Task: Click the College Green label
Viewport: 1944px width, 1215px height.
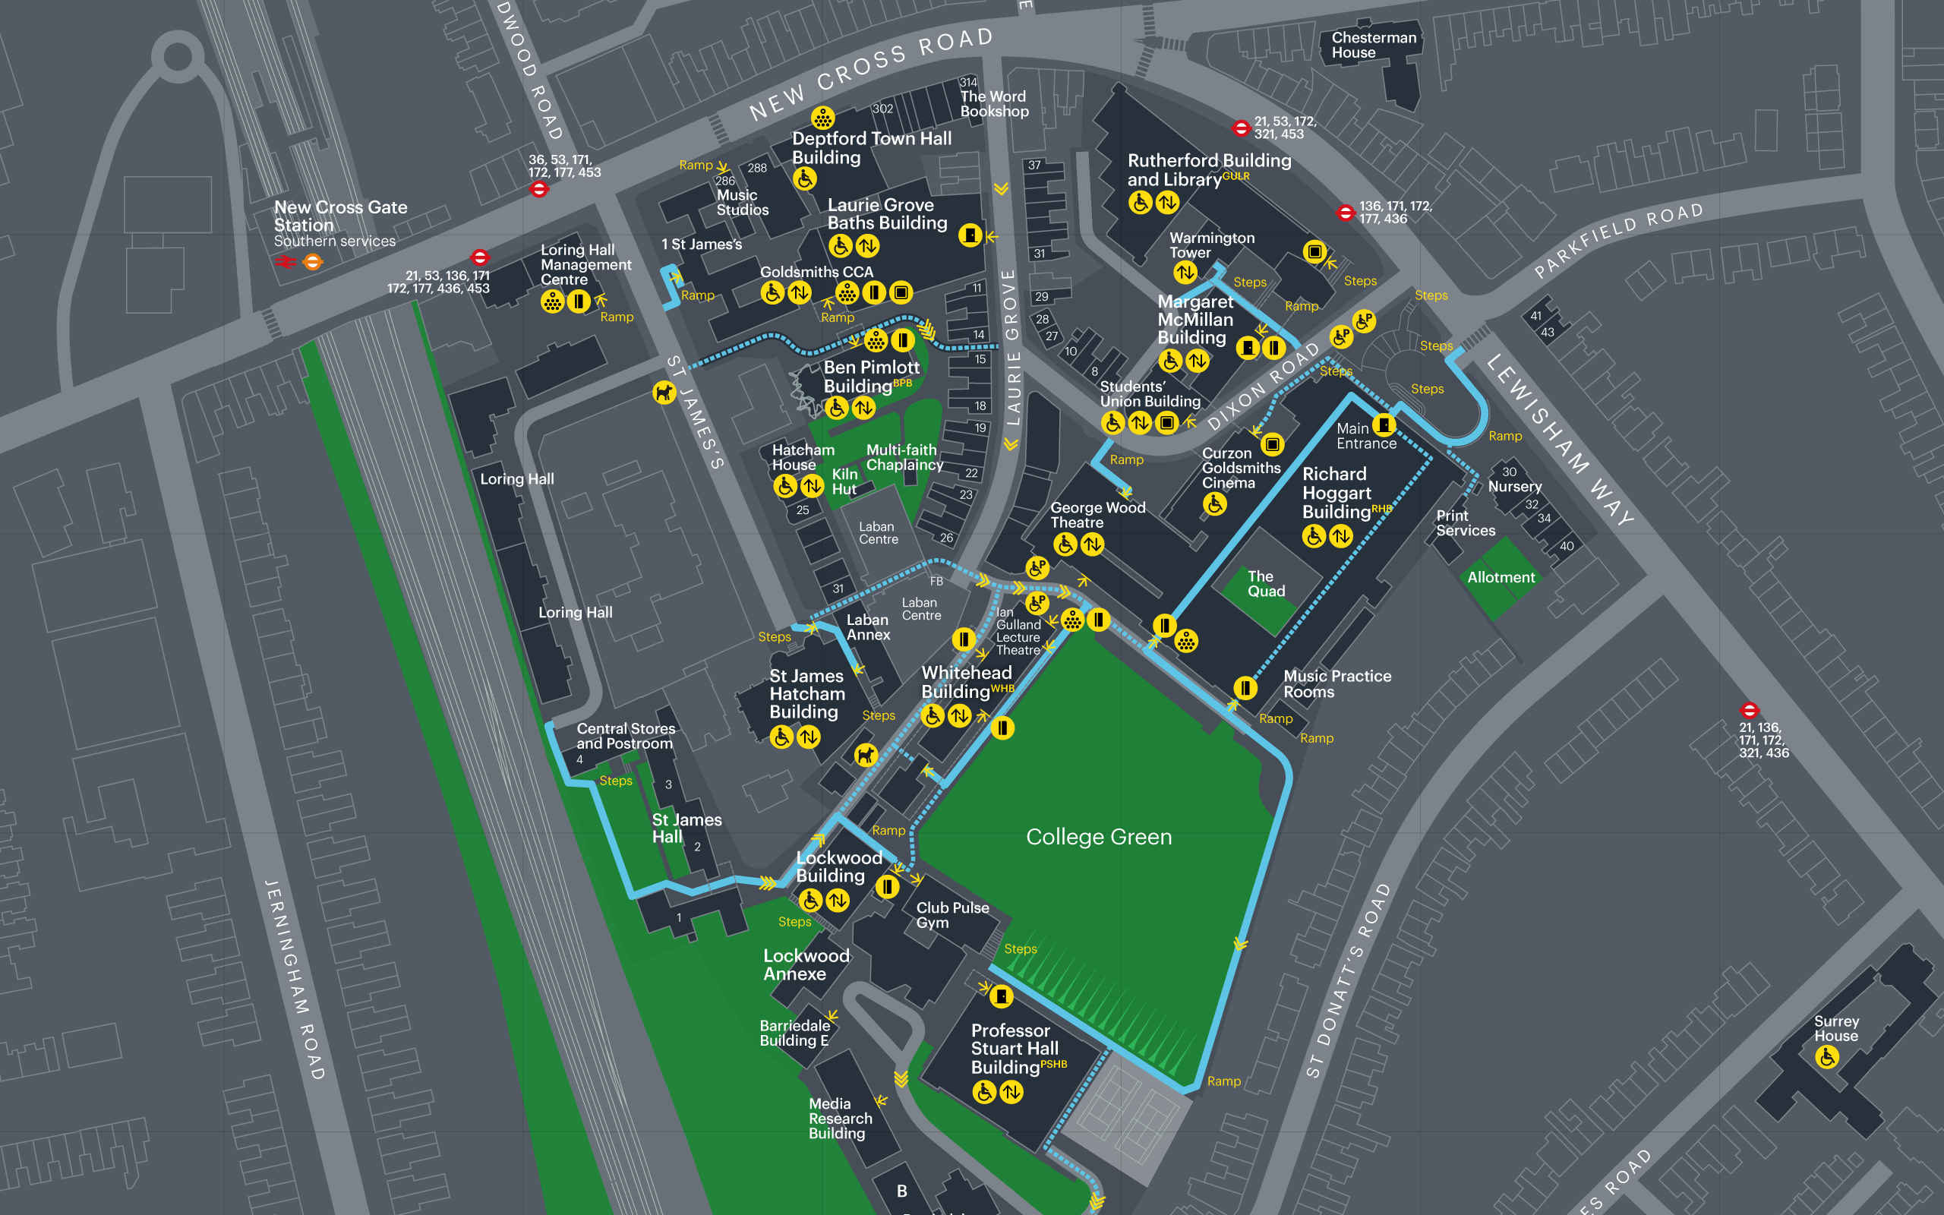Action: (1098, 838)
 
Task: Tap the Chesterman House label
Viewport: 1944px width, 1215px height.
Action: (1373, 45)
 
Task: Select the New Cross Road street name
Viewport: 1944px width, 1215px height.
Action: (871, 73)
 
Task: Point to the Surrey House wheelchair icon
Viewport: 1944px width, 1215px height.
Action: (1827, 1057)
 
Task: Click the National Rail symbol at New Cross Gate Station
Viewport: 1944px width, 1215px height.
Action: (286, 262)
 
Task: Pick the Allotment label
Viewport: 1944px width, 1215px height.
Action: (1501, 577)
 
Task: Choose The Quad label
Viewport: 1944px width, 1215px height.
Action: (1265, 583)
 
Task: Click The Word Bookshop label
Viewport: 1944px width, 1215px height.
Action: (994, 104)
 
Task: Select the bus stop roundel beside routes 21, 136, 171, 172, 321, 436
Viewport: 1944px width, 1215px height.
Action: (1749, 710)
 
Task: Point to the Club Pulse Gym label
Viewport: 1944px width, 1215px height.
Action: (952, 915)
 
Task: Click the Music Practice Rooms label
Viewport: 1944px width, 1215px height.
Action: (1336, 684)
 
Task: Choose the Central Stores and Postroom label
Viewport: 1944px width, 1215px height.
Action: (625, 736)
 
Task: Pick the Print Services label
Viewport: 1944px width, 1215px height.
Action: (1466, 523)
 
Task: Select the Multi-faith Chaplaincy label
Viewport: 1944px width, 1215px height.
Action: (904, 457)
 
